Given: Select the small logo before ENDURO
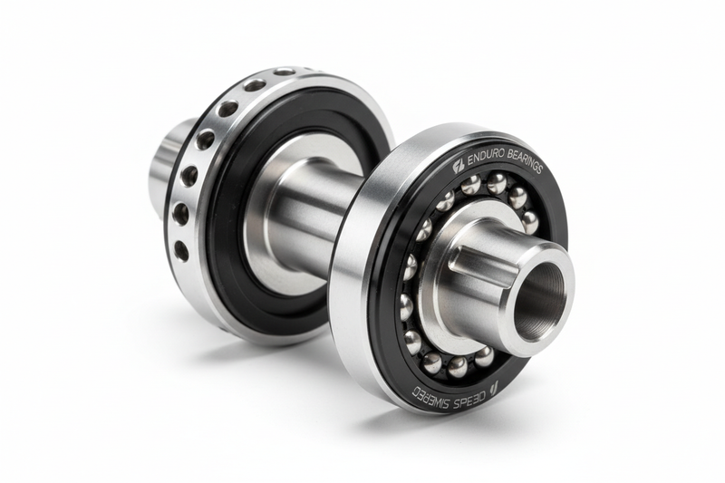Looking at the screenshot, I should click(x=459, y=165).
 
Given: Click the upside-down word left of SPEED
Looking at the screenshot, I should click(x=431, y=392).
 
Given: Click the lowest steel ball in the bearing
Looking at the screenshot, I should click(x=458, y=366).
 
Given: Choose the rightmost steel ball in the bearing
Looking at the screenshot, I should click(x=529, y=221).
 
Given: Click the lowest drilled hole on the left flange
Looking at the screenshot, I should click(x=181, y=251).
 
